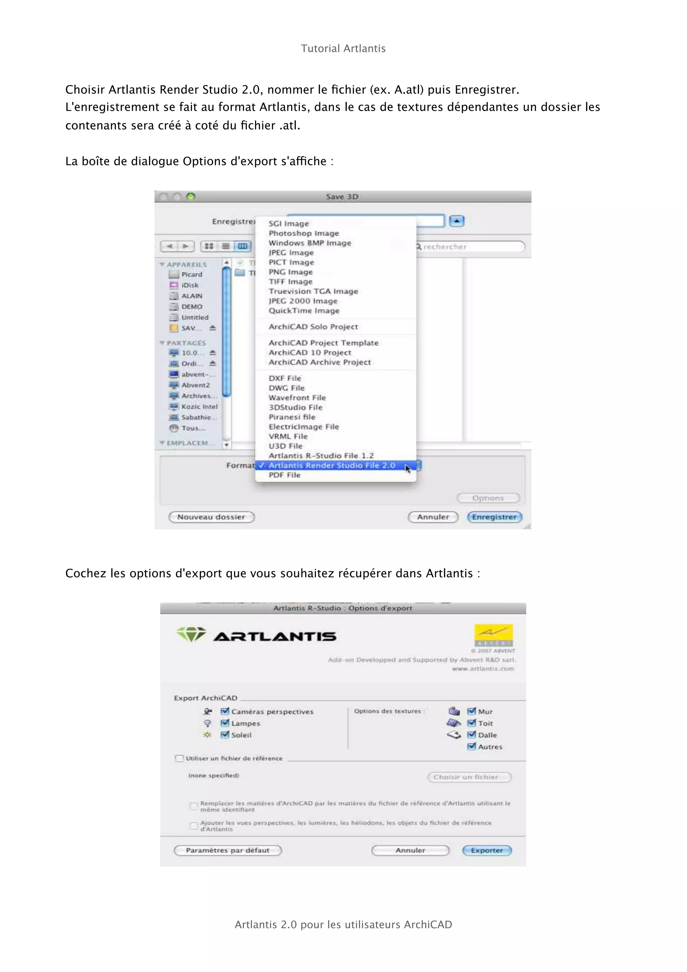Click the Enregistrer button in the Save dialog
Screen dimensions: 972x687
494,517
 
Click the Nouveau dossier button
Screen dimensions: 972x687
211,517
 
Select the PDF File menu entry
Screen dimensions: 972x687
284,475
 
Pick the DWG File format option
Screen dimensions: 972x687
286,388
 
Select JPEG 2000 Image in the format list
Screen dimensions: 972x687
303,301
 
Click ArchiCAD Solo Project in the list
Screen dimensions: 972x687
313,327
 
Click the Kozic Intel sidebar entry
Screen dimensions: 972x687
199,407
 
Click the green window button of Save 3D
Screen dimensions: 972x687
191,197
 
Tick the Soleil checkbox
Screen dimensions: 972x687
225,735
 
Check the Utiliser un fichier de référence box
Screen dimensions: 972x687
179,758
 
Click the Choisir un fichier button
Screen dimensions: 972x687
469,777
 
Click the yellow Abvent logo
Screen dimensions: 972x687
493,635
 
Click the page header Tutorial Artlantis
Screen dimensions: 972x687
343,49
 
